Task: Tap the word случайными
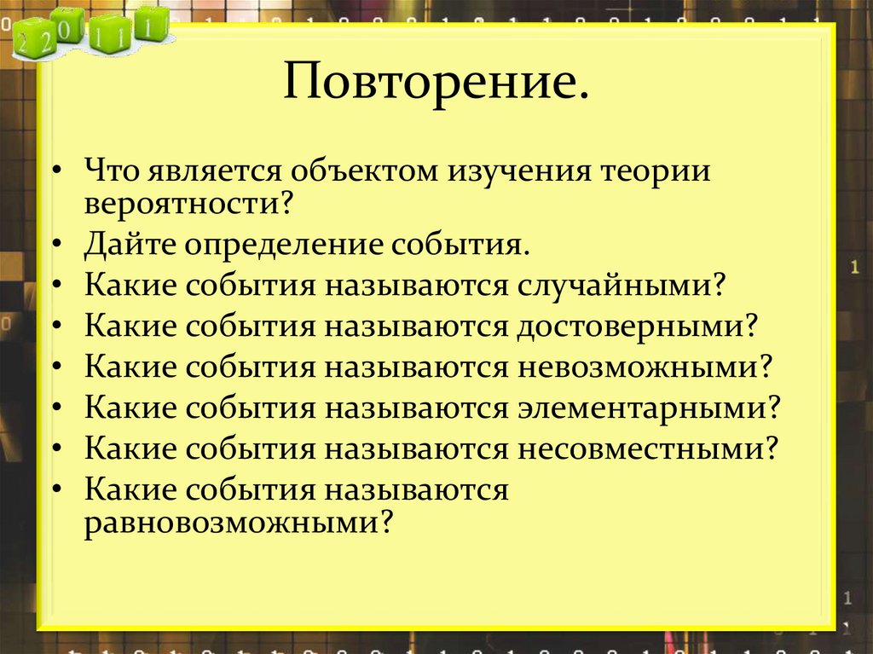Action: tap(614, 284)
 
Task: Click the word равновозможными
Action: tap(231, 520)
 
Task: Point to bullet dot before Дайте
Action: tap(57, 245)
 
